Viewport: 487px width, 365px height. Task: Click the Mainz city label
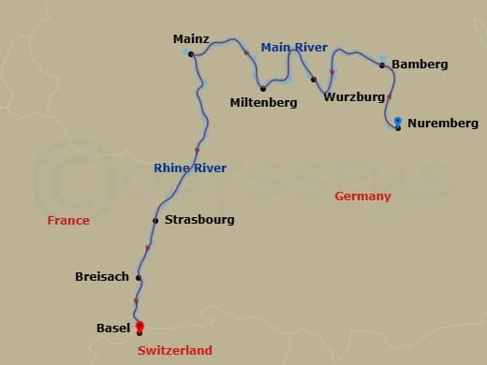191,39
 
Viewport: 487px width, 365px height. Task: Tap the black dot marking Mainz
191,54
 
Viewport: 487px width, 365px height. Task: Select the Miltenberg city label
263,103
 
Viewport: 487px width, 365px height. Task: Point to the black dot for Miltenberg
263,89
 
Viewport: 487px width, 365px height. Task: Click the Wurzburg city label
354,96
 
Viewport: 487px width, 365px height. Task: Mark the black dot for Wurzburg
314,80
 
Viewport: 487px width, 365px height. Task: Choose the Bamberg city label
420,65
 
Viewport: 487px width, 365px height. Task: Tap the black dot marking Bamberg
382,66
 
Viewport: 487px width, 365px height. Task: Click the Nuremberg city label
443,124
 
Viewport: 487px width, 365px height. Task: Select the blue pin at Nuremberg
398,122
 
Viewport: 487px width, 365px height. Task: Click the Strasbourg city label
199,220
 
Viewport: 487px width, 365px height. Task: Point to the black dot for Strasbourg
155,221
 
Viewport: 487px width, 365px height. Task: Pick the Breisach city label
102,277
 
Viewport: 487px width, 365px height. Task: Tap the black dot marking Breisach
139,277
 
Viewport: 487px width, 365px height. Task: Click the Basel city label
113,328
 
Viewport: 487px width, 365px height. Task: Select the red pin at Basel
140,326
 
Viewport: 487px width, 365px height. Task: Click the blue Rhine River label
190,168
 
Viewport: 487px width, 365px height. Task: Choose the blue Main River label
294,47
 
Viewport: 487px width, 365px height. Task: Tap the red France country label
68,221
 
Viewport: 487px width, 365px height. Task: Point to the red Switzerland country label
174,350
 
